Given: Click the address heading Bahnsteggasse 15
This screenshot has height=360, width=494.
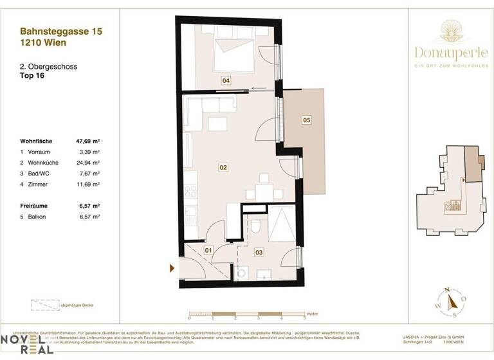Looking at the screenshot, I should (x=61, y=30).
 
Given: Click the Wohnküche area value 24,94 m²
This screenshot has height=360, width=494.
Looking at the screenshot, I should (x=88, y=163).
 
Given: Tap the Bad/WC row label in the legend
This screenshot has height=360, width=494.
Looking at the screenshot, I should (x=40, y=174).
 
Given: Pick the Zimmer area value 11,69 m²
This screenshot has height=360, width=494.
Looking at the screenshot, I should (x=88, y=184).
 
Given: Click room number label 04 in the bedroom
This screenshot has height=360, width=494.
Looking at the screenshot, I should (x=226, y=81).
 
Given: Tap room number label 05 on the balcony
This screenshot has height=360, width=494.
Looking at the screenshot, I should (x=307, y=120).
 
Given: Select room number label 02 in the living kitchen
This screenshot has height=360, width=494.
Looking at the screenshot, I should (x=223, y=168).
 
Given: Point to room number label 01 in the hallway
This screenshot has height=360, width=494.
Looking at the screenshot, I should (x=208, y=249).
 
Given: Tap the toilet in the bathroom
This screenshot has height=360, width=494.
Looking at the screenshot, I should (x=255, y=226).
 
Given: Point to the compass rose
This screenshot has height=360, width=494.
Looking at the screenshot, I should (x=454, y=300).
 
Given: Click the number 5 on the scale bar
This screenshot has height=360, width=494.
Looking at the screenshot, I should (x=304, y=318).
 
